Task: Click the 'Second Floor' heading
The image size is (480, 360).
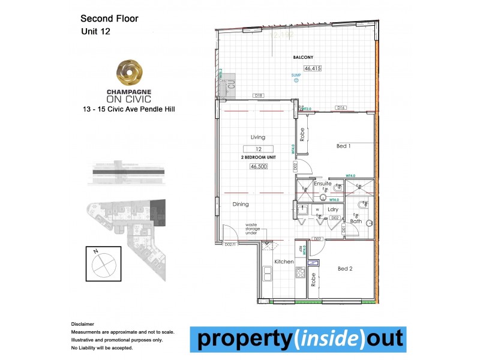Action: click(x=109, y=19)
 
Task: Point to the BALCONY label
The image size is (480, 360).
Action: click(x=303, y=57)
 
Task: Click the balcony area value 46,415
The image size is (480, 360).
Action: click(x=313, y=68)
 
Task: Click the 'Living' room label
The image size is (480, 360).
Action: click(x=257, y=137)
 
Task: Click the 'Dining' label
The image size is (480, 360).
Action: click(x=241, y=205)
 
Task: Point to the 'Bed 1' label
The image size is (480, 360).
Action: click(x=344, y=146)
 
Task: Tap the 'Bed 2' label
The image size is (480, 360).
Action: click(x=345, y=269)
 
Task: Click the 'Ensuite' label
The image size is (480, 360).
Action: click(x=322, y=184)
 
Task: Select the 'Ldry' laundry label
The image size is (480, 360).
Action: click(x=334, y=209)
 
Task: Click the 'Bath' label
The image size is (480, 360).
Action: click(x=356, y=221)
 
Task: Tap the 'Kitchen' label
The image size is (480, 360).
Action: click(x=284, y=262)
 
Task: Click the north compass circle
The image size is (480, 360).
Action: click(x=103, y=263)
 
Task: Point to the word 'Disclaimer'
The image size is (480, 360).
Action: click(x=83, y=323)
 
